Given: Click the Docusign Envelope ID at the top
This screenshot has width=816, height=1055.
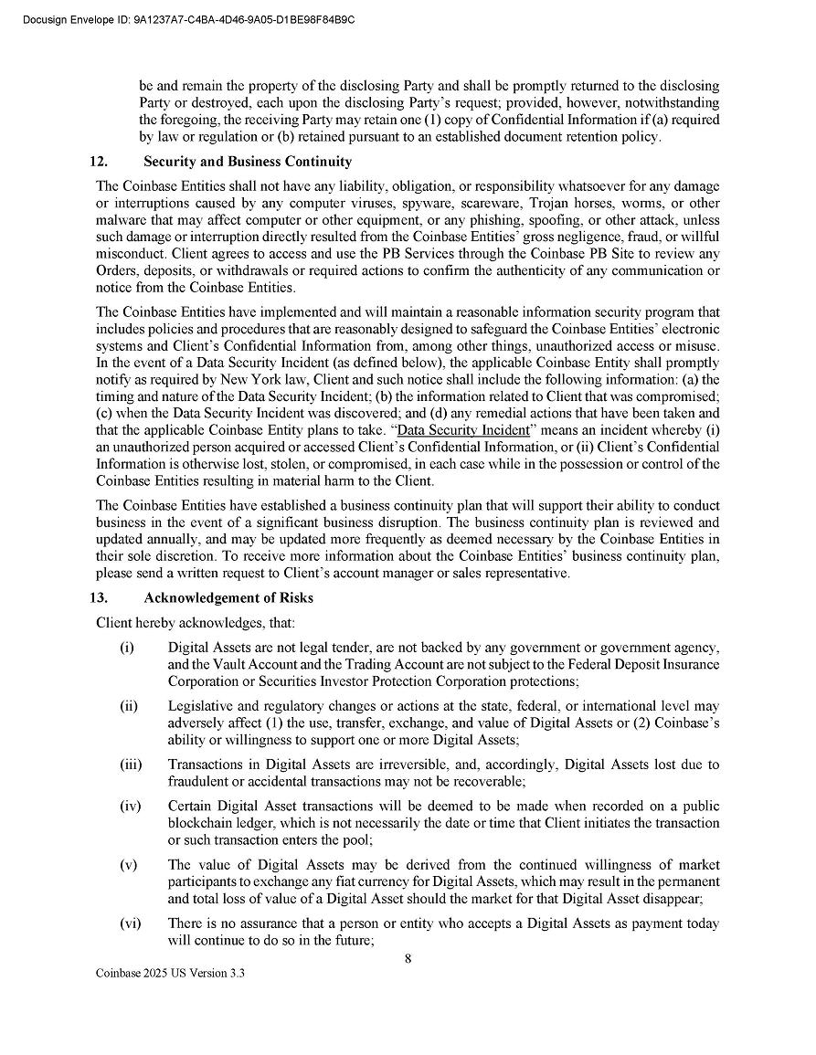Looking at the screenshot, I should [187, 18].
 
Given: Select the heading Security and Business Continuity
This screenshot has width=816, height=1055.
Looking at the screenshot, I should [248, 162].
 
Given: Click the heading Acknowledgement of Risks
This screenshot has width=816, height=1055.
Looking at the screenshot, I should [228, 598].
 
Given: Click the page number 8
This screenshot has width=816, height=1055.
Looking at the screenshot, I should [408, 958].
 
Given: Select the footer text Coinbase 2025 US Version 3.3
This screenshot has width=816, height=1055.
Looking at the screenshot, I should [171, 974].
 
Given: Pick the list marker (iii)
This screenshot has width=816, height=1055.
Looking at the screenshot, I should [131, 765].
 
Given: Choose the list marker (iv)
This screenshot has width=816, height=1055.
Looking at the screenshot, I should [130, 807].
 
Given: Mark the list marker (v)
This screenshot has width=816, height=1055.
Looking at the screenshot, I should [128, 865].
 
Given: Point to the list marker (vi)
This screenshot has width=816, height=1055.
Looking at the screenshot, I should [130, 923].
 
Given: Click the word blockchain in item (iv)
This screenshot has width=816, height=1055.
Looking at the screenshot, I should [201, 823].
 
